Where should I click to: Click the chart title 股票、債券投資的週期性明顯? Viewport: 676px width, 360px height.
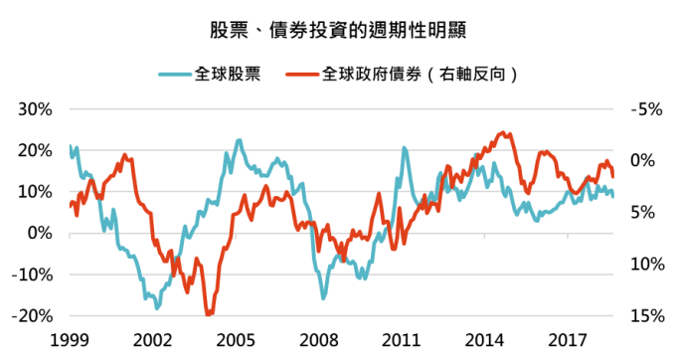pos(337,30)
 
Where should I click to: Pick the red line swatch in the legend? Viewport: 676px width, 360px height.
pos(302,74)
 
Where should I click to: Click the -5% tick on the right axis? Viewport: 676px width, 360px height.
pos(646,108)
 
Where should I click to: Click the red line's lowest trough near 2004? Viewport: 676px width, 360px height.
pos(209,314)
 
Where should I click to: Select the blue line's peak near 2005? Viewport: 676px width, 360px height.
pos(240,140)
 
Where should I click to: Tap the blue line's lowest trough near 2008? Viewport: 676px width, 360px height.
pos(323,297)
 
